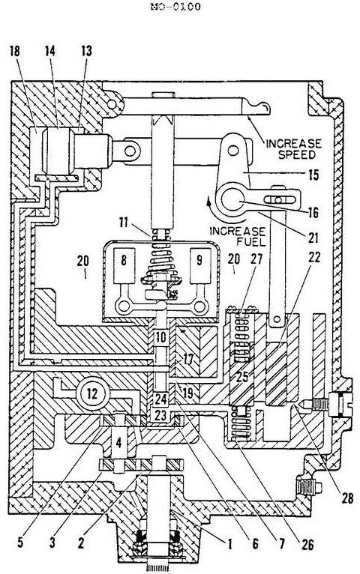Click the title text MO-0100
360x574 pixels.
175,7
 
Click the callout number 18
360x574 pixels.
16,51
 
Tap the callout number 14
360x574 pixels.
50,51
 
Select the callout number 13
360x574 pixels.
86,51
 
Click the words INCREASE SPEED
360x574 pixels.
294,148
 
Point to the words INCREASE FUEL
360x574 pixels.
237,236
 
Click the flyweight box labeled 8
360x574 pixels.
124,266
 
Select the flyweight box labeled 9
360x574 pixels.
200,266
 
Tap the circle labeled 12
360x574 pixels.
93,394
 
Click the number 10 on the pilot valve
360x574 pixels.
160,337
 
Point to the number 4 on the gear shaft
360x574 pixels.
118,443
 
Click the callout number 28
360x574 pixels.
346,498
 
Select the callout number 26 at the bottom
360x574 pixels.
307,544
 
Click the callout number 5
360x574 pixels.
20,542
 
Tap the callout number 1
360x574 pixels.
229,543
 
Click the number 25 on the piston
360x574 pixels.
242,376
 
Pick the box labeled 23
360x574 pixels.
160,415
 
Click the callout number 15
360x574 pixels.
313,175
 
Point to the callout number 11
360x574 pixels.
124,222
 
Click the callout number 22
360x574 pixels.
313,258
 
